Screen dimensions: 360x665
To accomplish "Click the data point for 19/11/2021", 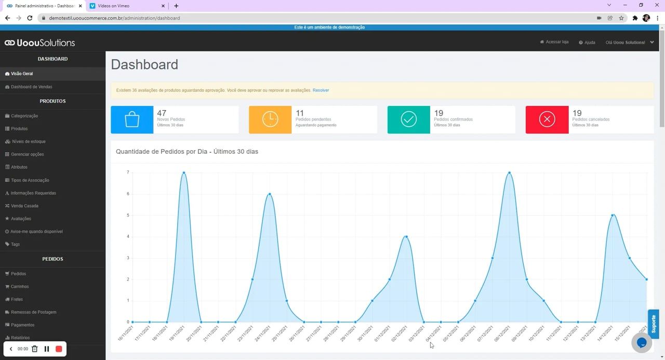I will [x=184, y=172].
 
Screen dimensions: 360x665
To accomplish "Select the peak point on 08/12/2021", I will [x=510, y=172].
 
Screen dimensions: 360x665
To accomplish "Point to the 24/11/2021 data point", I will [x=270, y=194].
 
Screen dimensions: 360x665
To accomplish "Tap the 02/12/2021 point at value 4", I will [x=406, y=237].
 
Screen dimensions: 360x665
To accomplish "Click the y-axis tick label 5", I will [x=128, y=216].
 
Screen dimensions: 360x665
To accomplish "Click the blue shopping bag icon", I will [x=132, y=119].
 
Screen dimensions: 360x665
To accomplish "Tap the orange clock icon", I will [x=270, y=119].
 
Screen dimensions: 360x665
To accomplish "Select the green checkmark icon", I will [x=409, y=119].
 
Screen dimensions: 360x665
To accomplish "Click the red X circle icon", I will [x=547, y=119].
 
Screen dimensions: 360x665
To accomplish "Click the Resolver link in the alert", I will [x=321, y=90].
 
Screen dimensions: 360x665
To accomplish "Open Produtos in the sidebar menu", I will [x=19, y=129].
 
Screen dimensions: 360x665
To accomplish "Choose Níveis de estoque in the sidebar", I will [x=28, y=141].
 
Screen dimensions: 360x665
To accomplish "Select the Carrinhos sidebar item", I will [x=20, y=287].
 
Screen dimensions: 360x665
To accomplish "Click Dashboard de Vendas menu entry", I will [x=31, y=87].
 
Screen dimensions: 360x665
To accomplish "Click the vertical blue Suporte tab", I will [x=654, y=324].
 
